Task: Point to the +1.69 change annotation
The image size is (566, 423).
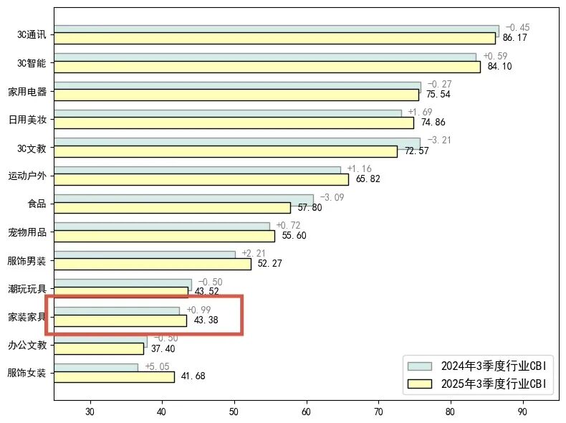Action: click(x=421, y=112)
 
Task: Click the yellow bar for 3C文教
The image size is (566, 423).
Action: click(x=225, y=151)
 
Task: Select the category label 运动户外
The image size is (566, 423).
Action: click(x=27, y=176)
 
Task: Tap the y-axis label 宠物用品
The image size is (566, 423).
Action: click(x=27, y=232)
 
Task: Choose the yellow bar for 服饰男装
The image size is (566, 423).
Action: click(x=153, y=264)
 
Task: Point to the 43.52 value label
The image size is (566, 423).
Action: click(x=207, y=292)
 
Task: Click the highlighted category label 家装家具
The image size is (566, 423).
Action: click(x=27, y=317)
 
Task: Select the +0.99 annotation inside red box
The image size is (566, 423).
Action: click(x=198, y=310)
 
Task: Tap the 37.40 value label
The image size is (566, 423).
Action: click(x=163, y=348)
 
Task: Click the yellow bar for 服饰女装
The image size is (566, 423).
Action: click(x=114, y=377)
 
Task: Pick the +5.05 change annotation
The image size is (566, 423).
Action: click(x=157, y=366)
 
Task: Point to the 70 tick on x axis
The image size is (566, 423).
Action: click(x=378, y=411)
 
